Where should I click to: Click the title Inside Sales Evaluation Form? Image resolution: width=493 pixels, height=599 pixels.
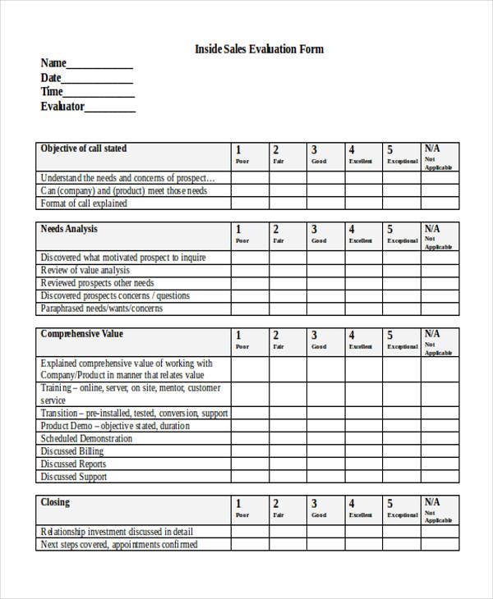[259, 49]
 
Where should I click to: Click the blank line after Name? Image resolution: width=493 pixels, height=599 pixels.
[99, 66]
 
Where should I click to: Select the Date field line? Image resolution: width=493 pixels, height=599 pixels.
[98, 80]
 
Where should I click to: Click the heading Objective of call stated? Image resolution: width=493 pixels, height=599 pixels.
[84, 149]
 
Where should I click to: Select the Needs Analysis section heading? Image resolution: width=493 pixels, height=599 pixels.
[69, 229]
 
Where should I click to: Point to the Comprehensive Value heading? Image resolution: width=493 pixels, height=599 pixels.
[82, 335]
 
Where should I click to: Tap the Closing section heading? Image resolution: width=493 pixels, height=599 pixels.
[55, 502]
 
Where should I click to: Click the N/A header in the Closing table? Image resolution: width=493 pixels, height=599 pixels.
[439, 509]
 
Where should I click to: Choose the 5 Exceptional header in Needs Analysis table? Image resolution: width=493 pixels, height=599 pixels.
[402, 235]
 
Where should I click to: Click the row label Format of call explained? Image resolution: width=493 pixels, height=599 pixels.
[84, 203]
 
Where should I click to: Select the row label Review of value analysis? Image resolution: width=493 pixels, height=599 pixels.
[85, 270]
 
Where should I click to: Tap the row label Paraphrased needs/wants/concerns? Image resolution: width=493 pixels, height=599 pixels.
[102, 309]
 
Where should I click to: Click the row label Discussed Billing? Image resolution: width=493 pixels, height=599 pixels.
[72, 451]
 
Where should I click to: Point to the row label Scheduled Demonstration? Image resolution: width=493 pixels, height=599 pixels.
[86, 438]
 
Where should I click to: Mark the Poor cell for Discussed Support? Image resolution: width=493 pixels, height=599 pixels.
[249, 477]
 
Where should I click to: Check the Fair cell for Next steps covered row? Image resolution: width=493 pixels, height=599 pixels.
[288, 544]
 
